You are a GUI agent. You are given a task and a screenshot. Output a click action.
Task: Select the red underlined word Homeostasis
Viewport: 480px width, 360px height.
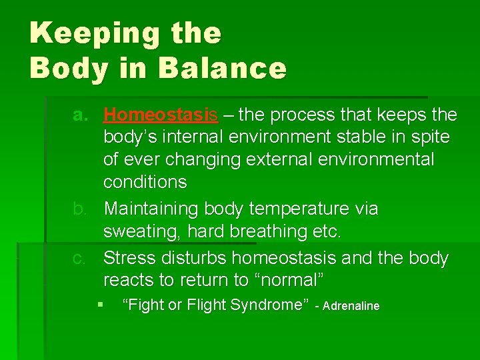point(161,115)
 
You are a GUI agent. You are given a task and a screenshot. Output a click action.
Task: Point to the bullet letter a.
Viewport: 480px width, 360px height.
point(81,115)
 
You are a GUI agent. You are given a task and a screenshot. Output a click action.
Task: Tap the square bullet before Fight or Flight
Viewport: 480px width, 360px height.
point(100,305)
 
